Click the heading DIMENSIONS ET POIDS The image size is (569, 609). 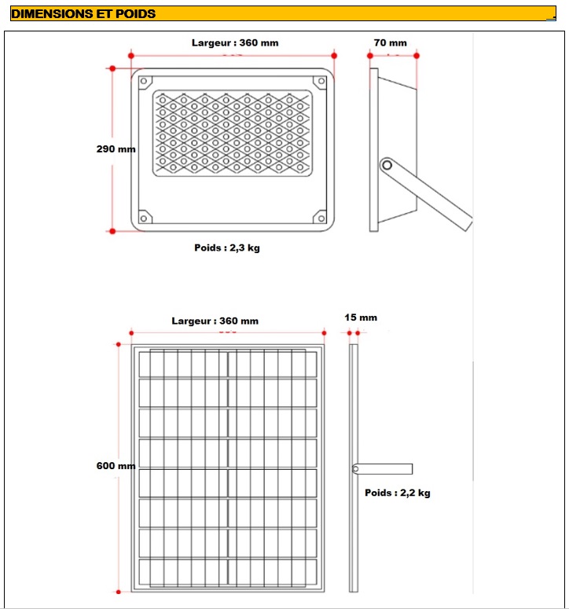pos(83,13)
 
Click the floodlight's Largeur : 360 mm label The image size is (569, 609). pos(235,43)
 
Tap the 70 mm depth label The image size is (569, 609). pos(391,43)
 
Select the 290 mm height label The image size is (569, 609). pos(116,149)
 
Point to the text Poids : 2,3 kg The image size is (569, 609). pos(227,248)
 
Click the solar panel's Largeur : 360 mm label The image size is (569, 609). pos(215,321)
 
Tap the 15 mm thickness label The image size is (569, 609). pos(361,317)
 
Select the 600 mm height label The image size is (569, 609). pos(116,465)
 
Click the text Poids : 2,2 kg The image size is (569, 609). pos(398,493)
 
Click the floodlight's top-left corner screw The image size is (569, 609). pos(145,80)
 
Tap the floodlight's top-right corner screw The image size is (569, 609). pos(319,80)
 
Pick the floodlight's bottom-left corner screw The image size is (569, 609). pos(144,218)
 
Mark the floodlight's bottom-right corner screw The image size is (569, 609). pos(319,218)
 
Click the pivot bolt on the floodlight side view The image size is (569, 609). pos(386,165)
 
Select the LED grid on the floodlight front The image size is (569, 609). pos(232,133)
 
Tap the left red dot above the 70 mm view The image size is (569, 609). pos(369,55)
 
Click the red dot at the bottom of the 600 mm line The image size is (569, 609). pos(119,591)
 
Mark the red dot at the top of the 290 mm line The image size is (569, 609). pos(112,68)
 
